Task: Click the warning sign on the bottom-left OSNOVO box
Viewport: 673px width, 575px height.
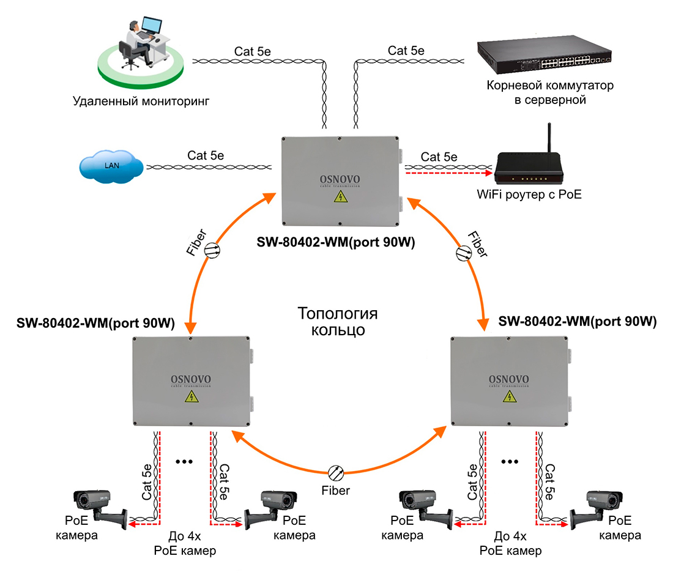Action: (191, 397)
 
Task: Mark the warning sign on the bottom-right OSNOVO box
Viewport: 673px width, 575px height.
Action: (509, 397)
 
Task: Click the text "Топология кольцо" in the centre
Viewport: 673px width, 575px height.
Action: (338, 322)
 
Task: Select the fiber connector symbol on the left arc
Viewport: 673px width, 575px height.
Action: (212, 249)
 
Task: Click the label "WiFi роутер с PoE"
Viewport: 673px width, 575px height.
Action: (529, 196)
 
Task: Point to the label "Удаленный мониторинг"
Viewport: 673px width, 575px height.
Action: (141, 101)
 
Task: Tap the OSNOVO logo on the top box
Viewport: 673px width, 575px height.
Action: (340, 180)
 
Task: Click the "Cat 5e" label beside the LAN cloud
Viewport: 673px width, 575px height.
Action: (206, 155)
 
